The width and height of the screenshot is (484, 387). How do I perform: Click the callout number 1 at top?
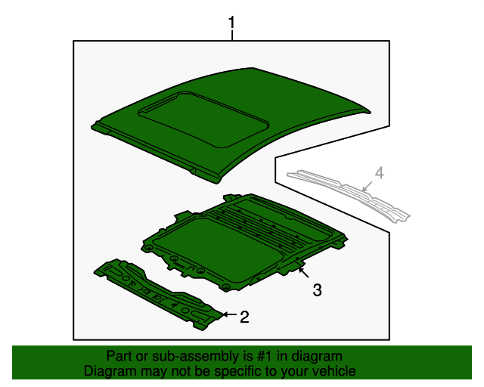232,24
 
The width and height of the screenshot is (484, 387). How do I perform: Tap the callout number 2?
244,317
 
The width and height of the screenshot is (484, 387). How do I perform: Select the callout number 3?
317,289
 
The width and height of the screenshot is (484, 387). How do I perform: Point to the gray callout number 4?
380,173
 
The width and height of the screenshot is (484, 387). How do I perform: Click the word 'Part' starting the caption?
119,356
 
